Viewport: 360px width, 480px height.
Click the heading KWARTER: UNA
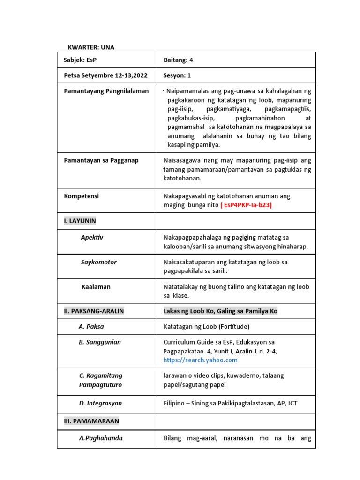91,47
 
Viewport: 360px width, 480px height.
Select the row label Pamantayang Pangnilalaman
106,91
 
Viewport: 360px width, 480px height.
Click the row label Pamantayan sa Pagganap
101,161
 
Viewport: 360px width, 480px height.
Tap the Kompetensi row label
81,196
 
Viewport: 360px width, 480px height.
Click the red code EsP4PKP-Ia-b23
247,205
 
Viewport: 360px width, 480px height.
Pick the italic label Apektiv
92,237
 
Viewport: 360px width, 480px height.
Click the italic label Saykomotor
98,262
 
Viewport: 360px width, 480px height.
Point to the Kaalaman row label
96,286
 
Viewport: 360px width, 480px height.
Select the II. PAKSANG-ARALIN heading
94,311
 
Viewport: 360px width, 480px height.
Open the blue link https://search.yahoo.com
200,360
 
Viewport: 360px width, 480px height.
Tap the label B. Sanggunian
99,342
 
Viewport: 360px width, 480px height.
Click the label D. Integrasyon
100,403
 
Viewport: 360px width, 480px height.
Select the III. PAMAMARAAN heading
91,421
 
